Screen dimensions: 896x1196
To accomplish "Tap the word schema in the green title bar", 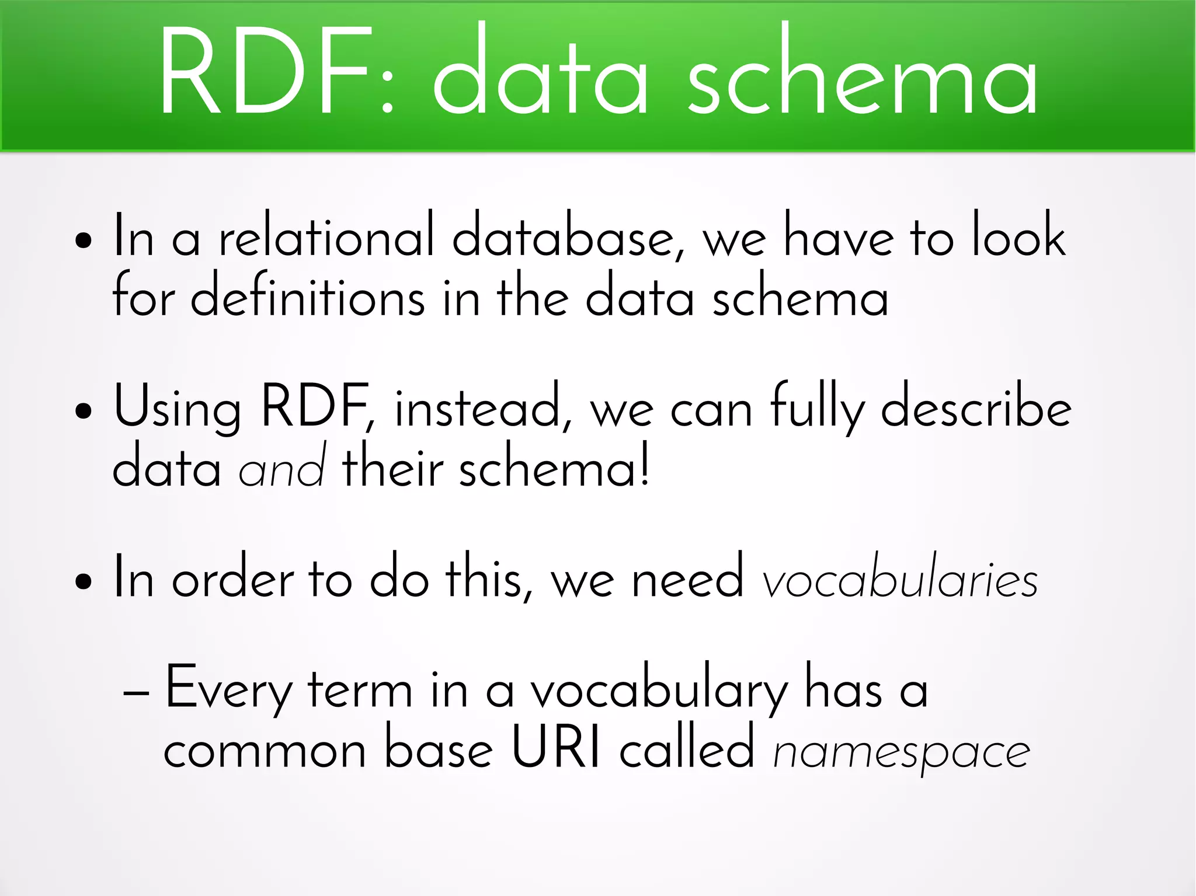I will (x=862, y=73).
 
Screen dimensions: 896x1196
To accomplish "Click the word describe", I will (x=976, y=407).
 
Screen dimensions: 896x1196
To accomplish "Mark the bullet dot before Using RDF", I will (x=84, y=410).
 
